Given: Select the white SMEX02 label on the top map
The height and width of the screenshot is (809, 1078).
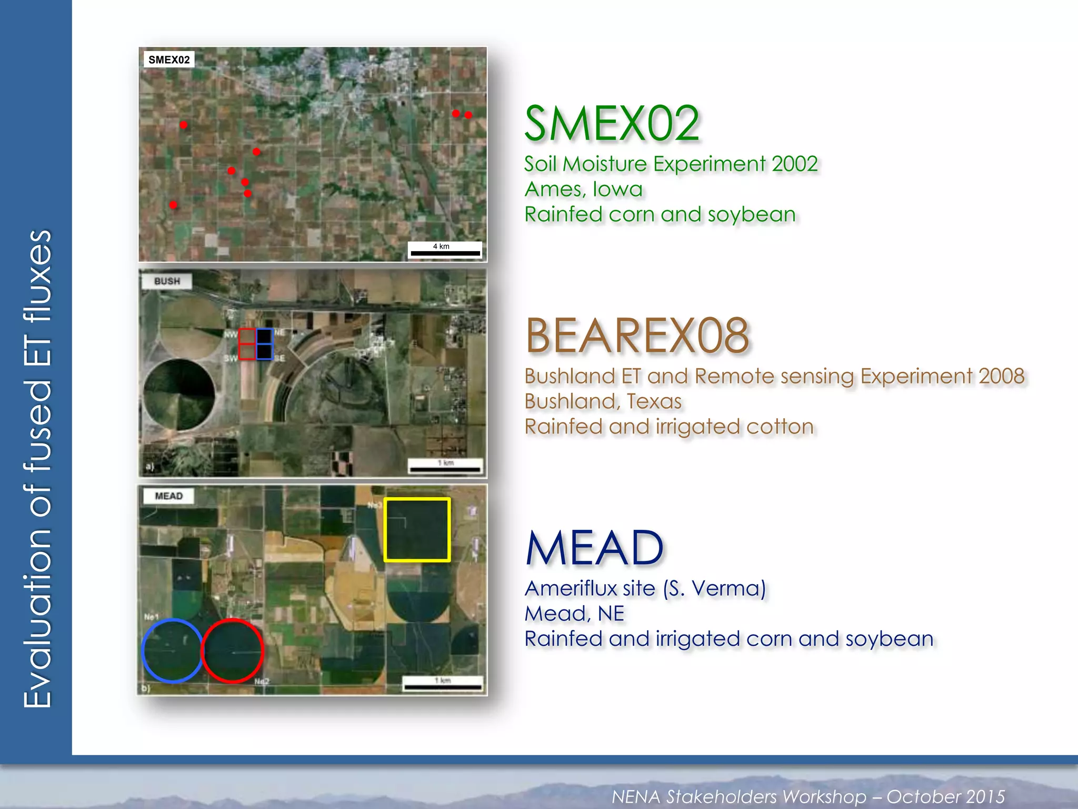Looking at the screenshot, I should (169, 60).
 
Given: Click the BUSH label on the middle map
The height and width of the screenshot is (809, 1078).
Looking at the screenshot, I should (167, 281).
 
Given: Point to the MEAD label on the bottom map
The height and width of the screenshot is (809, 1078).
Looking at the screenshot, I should (168, 496).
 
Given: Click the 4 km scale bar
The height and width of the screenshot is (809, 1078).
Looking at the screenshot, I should (445, 250).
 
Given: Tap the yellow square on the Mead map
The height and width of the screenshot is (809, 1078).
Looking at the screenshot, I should (417, 529).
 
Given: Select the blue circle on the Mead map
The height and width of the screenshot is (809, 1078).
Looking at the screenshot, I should (172, 650).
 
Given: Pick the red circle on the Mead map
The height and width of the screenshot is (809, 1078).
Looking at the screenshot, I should (232, 650).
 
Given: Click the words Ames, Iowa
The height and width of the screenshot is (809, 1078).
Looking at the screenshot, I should (583, 189).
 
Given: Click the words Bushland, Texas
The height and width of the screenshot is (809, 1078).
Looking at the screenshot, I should (603, 401).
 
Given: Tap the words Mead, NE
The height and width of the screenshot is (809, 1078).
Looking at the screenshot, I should (574, 614).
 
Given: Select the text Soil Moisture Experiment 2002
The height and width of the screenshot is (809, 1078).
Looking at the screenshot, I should (671, 164).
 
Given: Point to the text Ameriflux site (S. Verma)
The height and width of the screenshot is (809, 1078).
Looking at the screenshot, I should (645, 588).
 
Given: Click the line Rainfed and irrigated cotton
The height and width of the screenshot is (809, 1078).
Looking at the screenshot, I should (668, 427).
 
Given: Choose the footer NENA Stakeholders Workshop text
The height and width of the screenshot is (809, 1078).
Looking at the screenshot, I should (808, 796).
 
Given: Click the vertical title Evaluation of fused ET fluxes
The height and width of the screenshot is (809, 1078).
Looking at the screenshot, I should (38, 469).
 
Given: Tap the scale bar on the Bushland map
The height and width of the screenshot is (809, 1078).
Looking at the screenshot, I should (445, 466).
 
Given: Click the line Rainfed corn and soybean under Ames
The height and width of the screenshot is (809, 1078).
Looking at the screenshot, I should (660, 214).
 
